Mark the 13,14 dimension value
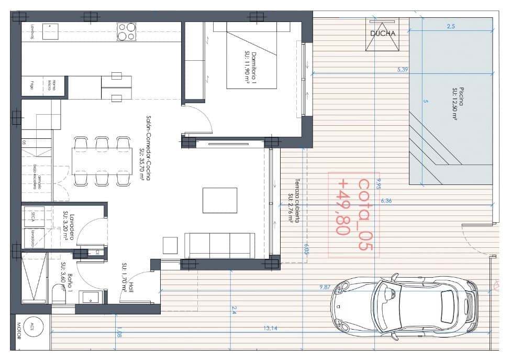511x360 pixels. (x=270, y=328)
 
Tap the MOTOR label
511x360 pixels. (x=18, y=332)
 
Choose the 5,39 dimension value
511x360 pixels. (x=402, y=69)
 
